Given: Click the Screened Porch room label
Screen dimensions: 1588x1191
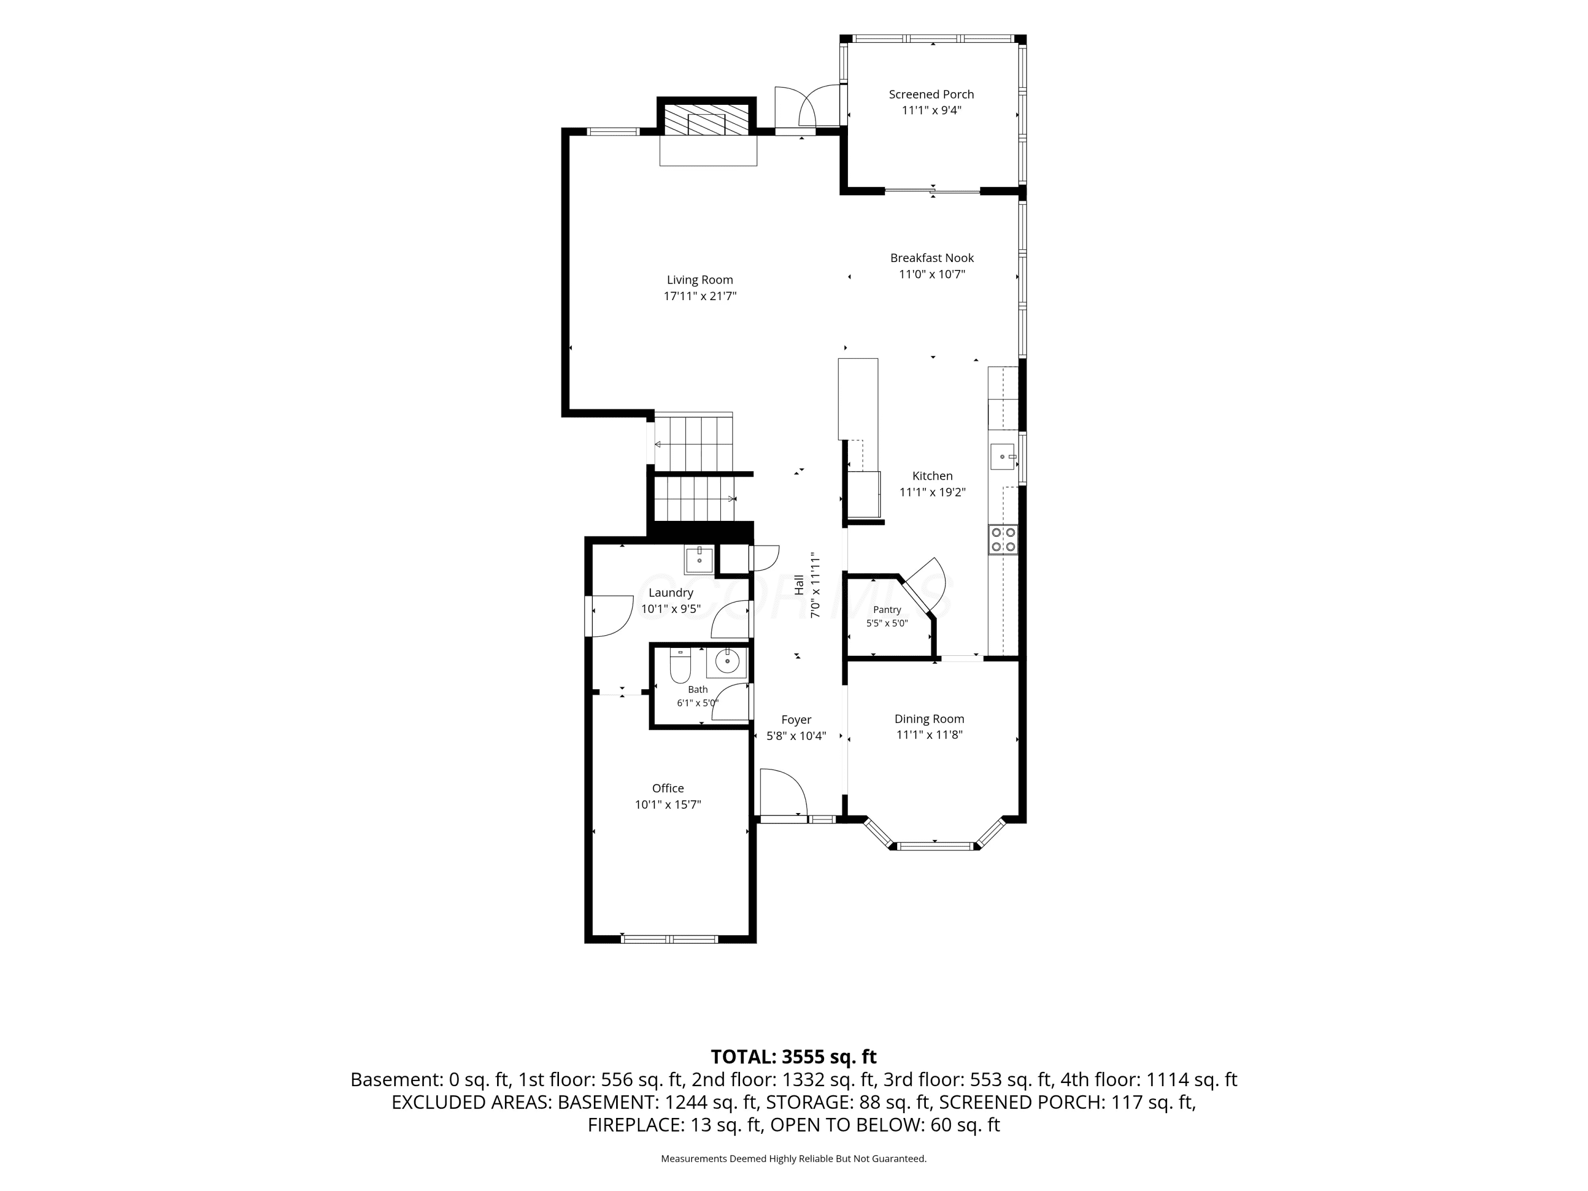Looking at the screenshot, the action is pos(931,94).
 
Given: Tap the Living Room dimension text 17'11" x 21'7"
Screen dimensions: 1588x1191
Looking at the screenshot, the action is pos(700,296).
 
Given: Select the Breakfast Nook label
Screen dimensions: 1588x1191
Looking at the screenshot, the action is pos(932,258).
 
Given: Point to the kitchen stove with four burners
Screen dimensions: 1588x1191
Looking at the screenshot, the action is pos(1003,540).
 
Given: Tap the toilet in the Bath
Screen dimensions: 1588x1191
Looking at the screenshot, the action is pos(680,666).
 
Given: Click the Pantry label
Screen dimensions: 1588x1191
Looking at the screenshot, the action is pos(887,609).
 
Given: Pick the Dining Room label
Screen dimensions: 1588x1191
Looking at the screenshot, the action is pos(929,719).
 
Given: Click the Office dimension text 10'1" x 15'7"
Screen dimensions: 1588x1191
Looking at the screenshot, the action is pos(667,805).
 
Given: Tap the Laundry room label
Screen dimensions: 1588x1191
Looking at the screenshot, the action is pos(671,592).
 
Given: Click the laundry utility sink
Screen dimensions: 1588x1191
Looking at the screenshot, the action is pos(699,560).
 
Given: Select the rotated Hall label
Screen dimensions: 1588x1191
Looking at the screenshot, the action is pos(799,584).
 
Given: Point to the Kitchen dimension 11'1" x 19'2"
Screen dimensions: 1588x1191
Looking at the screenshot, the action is pos(933,492).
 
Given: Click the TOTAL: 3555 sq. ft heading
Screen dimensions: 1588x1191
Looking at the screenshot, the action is pos(793,1057).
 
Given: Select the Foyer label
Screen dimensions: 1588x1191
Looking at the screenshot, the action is pos(796,719).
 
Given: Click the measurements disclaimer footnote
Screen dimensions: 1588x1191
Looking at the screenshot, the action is pos(793,1159).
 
